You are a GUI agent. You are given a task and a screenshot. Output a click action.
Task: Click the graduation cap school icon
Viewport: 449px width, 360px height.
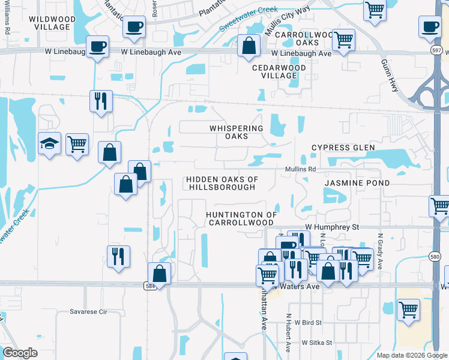pyautogui.click(x=50, y=143)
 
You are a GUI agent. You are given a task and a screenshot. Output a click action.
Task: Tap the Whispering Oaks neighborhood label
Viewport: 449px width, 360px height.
pyautogui.click(x=236, y=132)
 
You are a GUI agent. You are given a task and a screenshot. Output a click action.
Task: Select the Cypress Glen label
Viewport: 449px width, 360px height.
pyautogui.click(x=343, y=148)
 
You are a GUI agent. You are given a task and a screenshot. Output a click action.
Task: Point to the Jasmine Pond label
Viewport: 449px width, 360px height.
pyautogui.click(x=357, y=182)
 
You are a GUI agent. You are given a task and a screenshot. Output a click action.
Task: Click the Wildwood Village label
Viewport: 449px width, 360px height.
pyautogui.click(x=52, y=23)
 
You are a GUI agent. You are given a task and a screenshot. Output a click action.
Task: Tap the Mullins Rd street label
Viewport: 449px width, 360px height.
pyautogui.click(x=300, y=170)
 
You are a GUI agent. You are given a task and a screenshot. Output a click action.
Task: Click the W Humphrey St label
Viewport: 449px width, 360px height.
pyautogui.click(x=331, y=227)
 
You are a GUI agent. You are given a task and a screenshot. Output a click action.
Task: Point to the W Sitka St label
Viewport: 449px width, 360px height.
pyautogui.click(x=317, y=342)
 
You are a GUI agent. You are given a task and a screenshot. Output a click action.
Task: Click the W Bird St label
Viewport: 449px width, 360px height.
pyautogui.click(x=312, y=323)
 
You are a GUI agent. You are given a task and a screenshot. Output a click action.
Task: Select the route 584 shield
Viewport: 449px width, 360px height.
pyautogui.click(x=151, y=287)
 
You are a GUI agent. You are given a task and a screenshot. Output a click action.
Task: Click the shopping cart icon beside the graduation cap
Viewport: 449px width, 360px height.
pyautogui.click(x=77, y=144)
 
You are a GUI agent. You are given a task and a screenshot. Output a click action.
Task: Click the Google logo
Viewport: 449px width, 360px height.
pyautogui.click(x=20, y=353)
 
